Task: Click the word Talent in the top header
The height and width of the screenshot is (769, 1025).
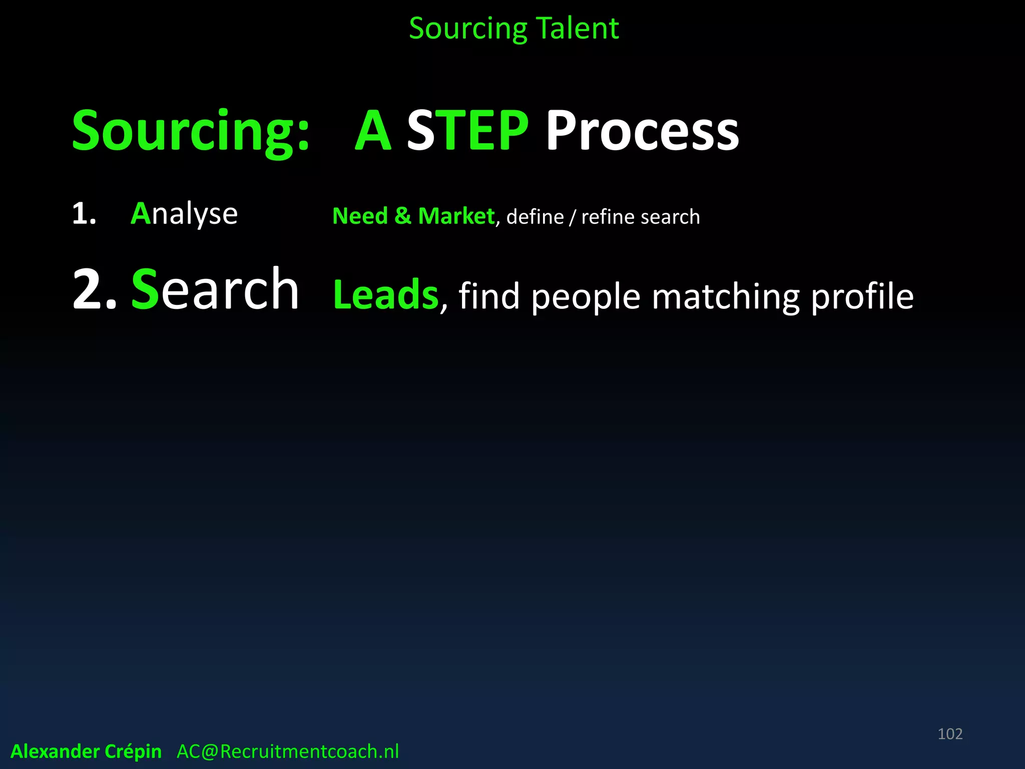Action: [577, 29]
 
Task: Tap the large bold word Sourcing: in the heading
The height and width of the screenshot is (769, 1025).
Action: [191, 131]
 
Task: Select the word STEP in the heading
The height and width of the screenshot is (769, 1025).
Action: [467, 131]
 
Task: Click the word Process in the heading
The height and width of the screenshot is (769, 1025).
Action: [642, 131]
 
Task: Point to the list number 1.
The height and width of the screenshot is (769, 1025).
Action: [84, 214]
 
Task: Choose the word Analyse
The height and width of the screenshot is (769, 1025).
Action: [184, 214]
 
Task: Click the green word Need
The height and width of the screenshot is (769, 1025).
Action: [360, 216]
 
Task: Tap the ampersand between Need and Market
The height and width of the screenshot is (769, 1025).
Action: [402, 216]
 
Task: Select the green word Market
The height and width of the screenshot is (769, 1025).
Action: [456, 216]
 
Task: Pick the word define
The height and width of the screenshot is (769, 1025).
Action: [535, 217]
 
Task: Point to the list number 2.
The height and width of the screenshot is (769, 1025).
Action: [94, 290]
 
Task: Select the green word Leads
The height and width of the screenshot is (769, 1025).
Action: [385, 295]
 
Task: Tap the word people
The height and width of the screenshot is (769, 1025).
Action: [586, 297]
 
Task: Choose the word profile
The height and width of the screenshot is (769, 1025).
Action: [862, 296]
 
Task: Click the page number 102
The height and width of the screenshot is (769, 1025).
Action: [950, 734]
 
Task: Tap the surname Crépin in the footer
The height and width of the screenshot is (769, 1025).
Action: [133, 751]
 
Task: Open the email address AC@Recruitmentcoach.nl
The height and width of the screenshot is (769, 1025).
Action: [288, 751]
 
